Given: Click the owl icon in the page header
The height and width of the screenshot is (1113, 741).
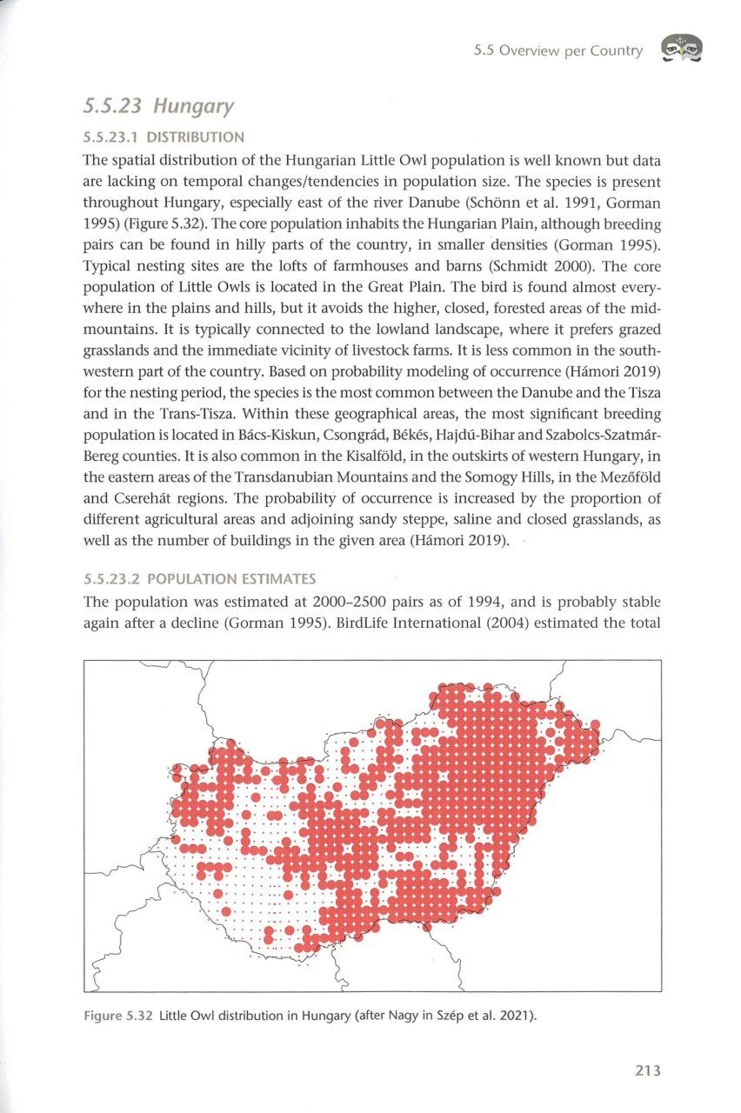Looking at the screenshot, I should [682, 50].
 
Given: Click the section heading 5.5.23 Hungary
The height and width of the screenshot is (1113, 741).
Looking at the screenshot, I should [158, 107].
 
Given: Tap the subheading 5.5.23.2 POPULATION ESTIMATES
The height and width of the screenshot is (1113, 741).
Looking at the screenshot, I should [200, 578].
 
